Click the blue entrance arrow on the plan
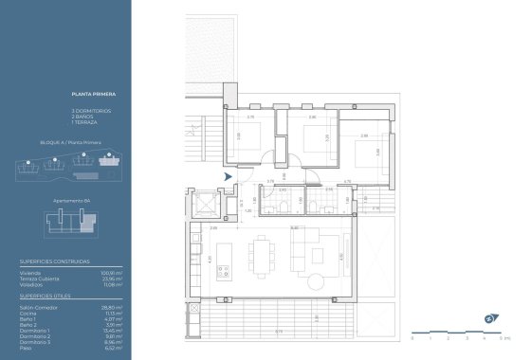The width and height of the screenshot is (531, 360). point(227,175)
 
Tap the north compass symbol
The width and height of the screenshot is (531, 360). point(490,316)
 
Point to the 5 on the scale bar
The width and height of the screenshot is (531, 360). point(502,337)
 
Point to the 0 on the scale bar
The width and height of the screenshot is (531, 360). point(412,337)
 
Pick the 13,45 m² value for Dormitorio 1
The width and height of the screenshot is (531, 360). point(113,331)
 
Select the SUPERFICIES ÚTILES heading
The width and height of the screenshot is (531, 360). point(46,296)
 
